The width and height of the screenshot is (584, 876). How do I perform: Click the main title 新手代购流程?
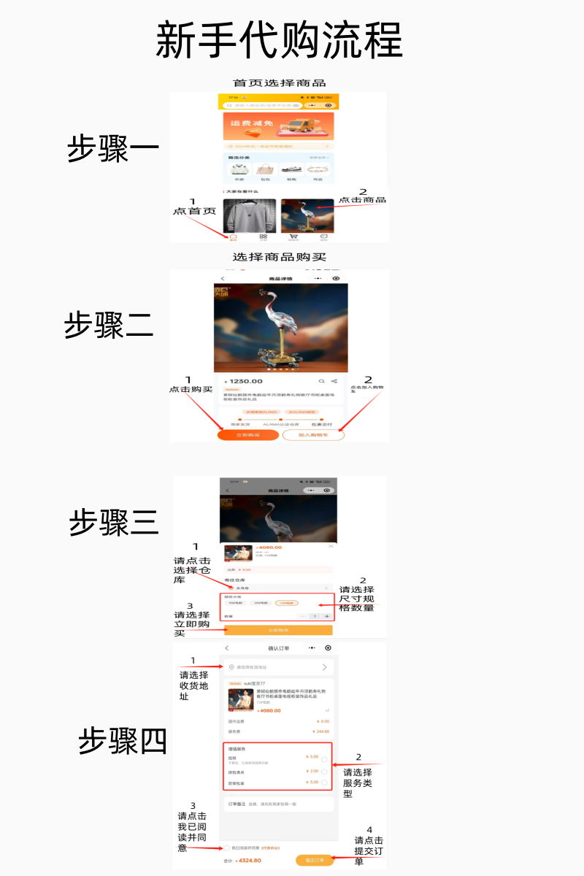(x=279, y=40)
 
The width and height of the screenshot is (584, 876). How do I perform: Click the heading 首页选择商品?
(x=279, y=83)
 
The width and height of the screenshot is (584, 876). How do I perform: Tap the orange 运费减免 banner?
(x=278, y=126)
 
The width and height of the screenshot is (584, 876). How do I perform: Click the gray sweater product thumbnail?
(x=249, y=215)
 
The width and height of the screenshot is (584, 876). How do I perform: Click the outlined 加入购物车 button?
(x=313, y=435)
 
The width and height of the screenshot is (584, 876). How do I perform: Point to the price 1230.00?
(x=245, y=381)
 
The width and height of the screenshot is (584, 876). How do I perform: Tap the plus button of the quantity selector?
(x=326, y=617)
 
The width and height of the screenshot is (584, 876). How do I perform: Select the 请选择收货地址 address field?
(x=278, y=667)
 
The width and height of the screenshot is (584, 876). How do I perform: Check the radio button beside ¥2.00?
(x=324, y=771)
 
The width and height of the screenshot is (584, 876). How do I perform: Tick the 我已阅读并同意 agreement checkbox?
(x=226, y=848)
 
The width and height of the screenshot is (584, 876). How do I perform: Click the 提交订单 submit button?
(x=314, y=861)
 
